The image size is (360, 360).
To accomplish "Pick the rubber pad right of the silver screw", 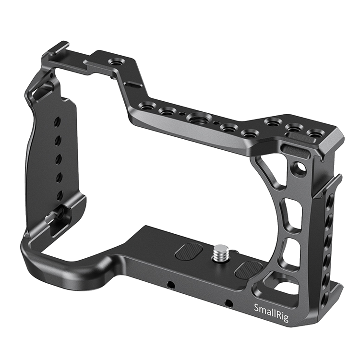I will pos(248,269).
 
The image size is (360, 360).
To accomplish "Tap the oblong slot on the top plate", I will pos(133,85).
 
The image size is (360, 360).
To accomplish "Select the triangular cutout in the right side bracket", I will pos(267,170).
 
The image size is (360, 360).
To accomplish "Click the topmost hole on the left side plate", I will pos(57,122).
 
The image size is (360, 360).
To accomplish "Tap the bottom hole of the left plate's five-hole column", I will pos(60,195).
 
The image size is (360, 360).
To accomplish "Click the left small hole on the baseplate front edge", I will pos(170,285).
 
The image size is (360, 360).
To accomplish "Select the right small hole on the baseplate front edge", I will pos(229,303).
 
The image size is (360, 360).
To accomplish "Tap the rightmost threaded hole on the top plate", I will pos(315,133).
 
